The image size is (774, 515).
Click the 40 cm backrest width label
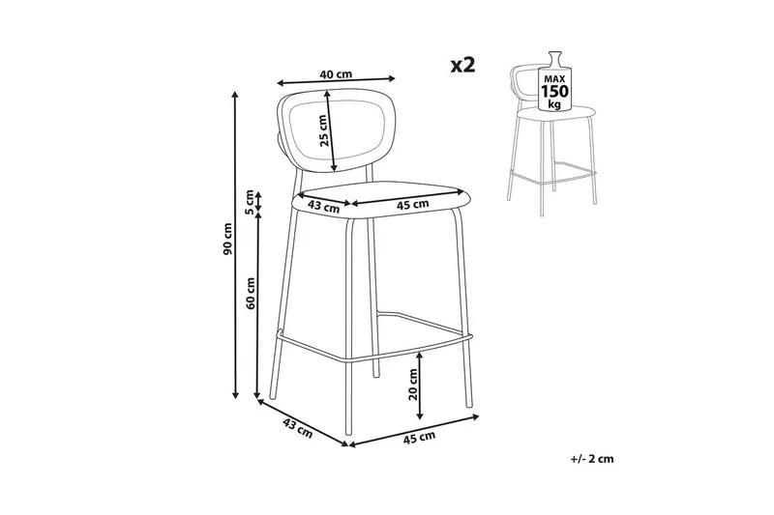click(336, 74)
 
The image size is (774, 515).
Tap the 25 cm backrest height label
click(323, 130)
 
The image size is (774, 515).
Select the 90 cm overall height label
click(227, 239)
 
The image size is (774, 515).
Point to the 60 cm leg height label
click(251, 293)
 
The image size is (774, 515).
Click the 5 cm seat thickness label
click(250, 202)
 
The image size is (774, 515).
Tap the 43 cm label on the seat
click(323, 206)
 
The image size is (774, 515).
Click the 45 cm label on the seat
click(413, 204)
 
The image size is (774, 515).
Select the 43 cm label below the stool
click(297, 428)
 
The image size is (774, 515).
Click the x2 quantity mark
click(462, 65)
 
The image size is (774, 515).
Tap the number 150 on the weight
click(554, 92)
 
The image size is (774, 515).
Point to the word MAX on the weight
click(554, 79)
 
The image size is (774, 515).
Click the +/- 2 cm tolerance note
click(592, 459)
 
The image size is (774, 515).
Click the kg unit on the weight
click(554, 104)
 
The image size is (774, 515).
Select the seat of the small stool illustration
click(555, 113)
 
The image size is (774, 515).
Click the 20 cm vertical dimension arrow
click(420, 386)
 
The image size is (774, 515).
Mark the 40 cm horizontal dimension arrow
click(336, 80)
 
